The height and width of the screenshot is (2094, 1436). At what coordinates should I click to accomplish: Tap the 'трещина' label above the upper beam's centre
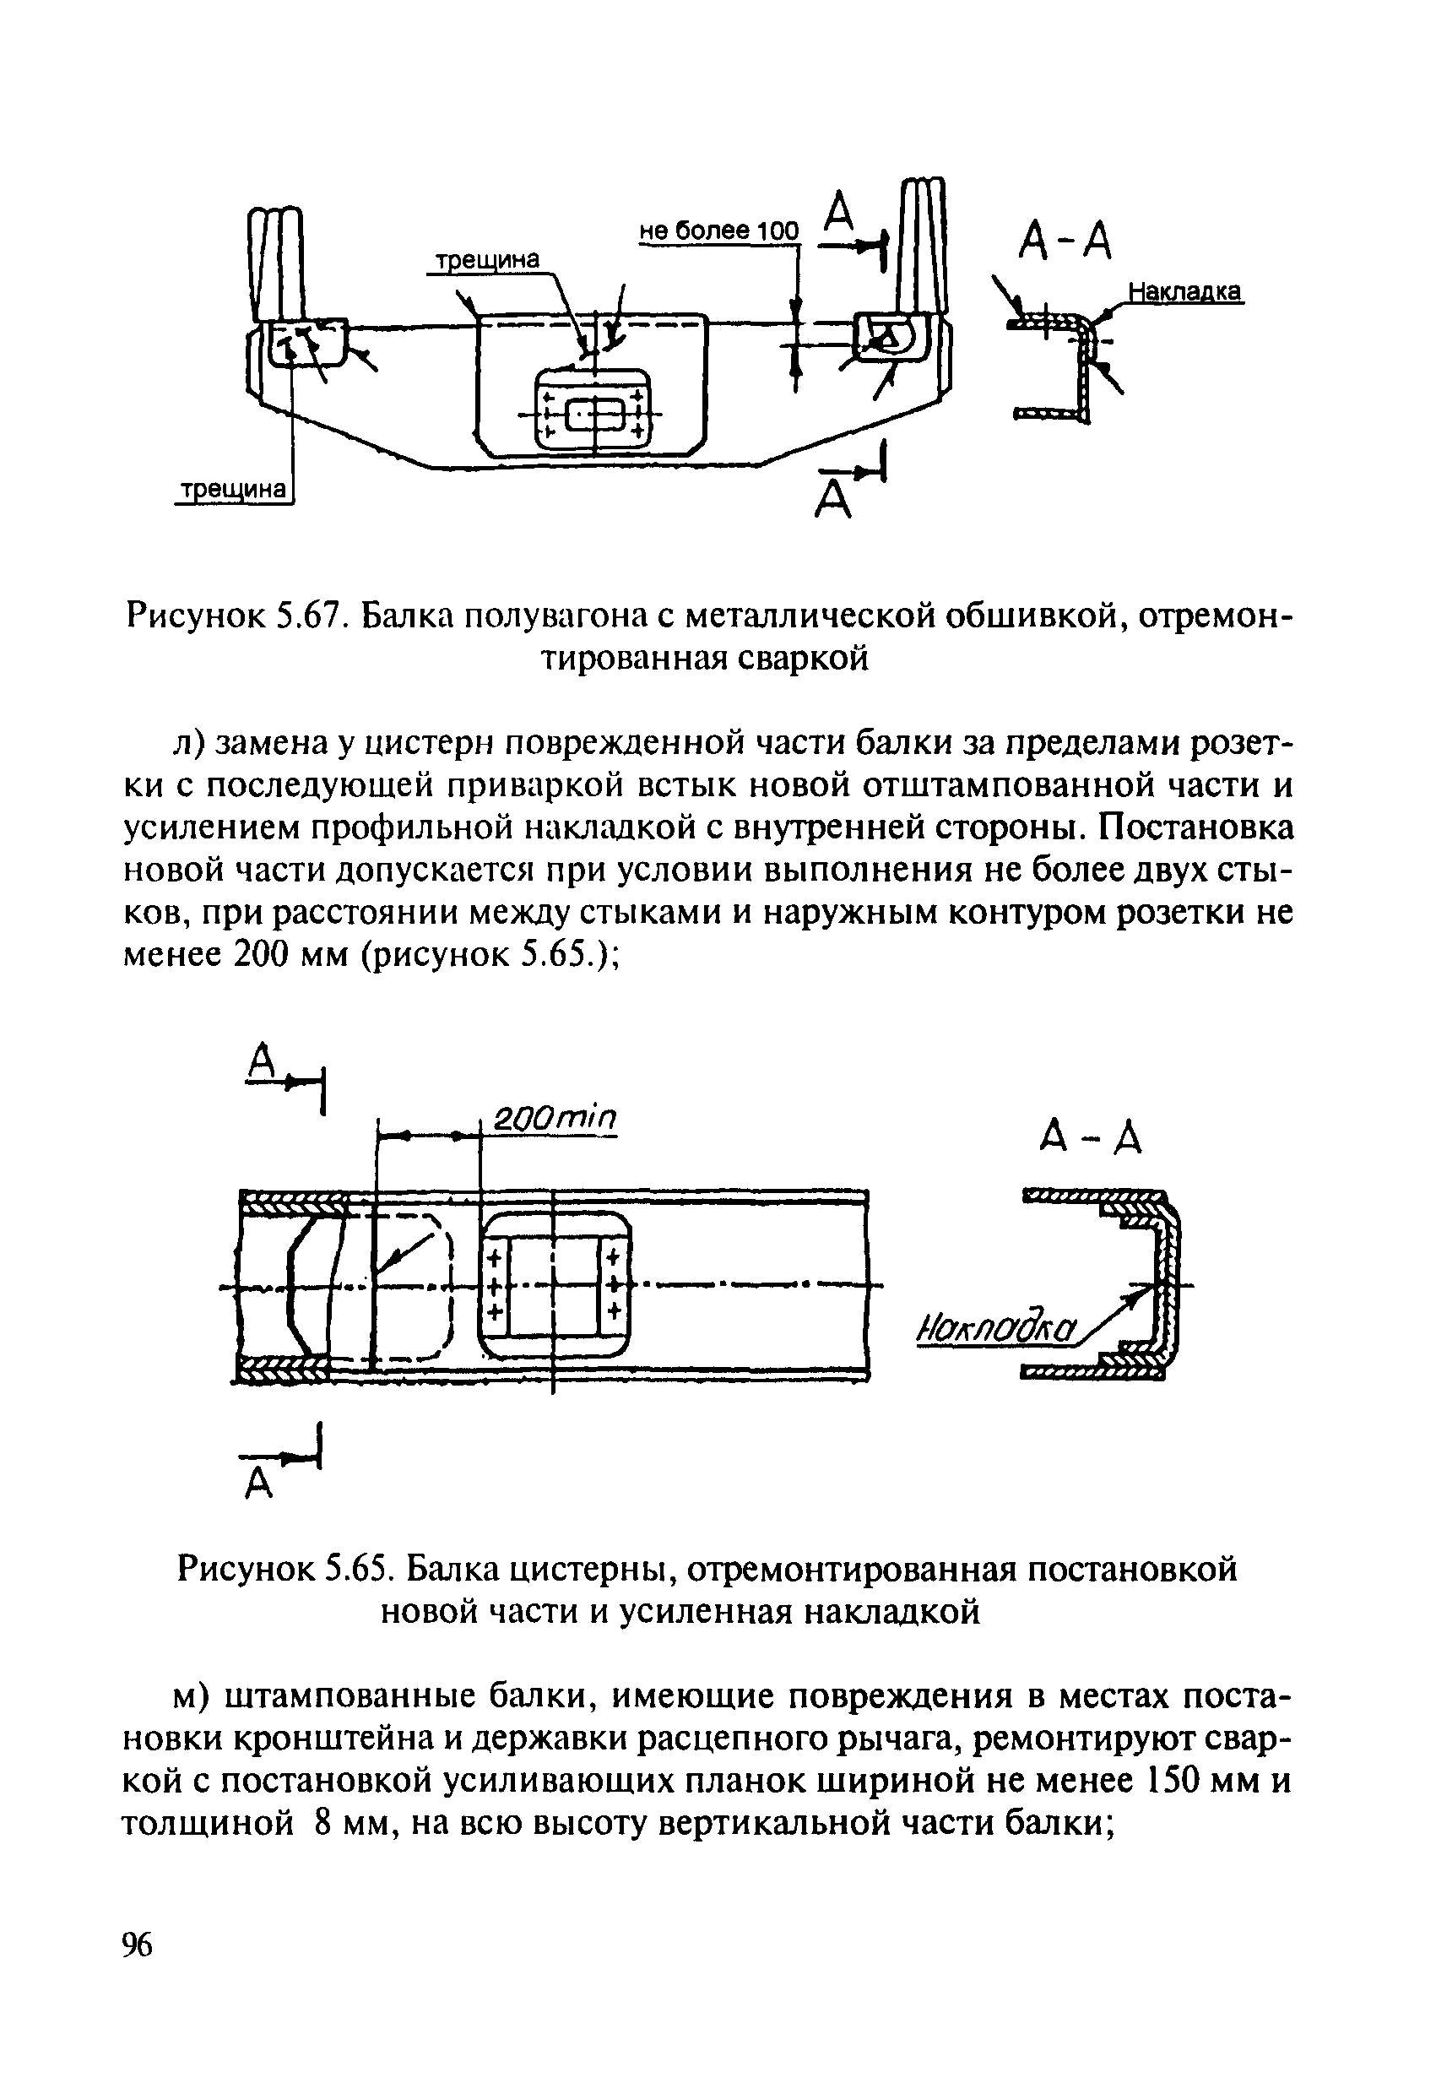[x=486, y=260]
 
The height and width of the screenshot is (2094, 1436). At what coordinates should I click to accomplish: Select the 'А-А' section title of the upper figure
[x=1065, y=241]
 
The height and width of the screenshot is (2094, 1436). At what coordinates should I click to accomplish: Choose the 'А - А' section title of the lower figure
[x=1090, y=1140]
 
